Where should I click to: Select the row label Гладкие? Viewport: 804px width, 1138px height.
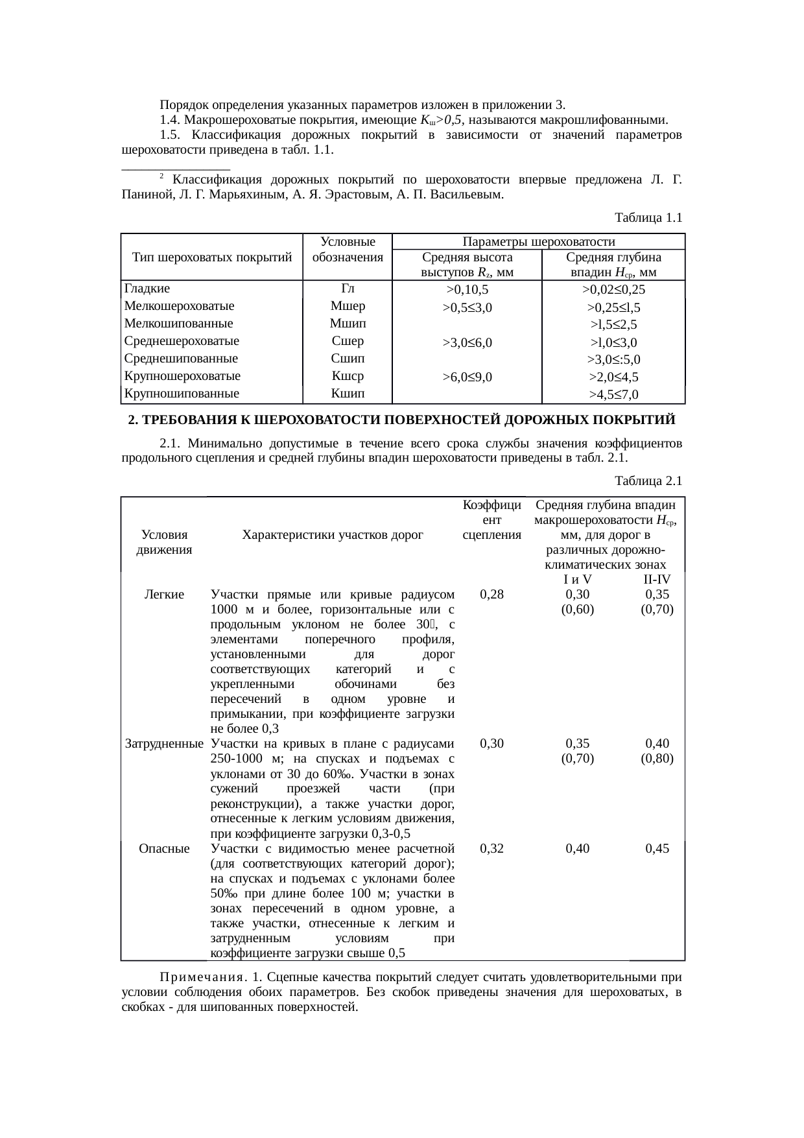click(147, 289)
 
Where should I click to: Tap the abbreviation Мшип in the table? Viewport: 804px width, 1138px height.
click(348, 324)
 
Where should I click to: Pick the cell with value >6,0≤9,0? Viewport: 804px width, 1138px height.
click(467, 376)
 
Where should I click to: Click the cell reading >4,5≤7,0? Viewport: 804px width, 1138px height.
click(613, 394)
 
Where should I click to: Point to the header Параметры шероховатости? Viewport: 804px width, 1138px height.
click(539, 242)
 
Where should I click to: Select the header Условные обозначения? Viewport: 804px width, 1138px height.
click(348, 250)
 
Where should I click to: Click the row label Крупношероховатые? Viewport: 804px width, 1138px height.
click(182, 376)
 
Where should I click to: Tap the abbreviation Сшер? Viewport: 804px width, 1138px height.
click(348, 341)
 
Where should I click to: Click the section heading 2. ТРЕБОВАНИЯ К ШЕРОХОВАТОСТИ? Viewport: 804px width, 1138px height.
click(401, 420)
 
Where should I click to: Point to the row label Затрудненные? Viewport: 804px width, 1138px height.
click(164, 744)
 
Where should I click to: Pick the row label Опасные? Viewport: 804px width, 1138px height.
click(164, 848)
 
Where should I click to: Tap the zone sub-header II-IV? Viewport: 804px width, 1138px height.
click(657, 580)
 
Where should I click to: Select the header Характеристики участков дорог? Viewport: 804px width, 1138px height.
click(332, 535)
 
